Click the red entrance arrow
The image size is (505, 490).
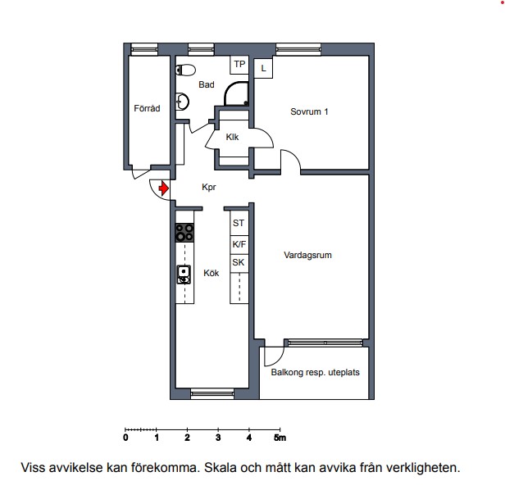pyautogui.click(x=164, y=188)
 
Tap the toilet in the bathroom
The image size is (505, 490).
pyautogui.click(x=185, y=70)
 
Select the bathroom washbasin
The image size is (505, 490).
pyautogui.click(x=182, y=102)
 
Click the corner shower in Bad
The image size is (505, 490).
pyautogui.click(x=237, y=94)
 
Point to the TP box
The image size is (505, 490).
pyautogui.click(x=239, y=65)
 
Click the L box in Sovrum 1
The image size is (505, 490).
pyautogui.click(x=263, y=68)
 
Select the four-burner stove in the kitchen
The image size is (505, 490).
pyautogui.click(x=184, y=233)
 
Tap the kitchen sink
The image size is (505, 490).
pyautogui.click(x=184, y=274)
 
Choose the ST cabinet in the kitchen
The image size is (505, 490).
pyautogui.click(x=239, y=223)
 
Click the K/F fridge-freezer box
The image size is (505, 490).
pyautogui.click(x=239, y=245)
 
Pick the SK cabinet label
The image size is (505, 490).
pyautogui.click(x=239, y=262)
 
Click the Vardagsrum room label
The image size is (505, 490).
pyautogui.click(x=307, y=256)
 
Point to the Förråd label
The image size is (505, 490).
pyautogui.click(x=147, y=108)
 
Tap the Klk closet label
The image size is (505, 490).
pyautogui.click(x=232, y=137)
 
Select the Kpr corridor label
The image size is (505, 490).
pyautogui.click(x=209, y=187)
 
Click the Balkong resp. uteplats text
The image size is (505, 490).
pyautogui.click(x=316, y=373)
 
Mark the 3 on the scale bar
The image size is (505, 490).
pyautogui.click(x=218, y=438)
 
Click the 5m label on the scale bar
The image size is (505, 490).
pyautogui.click(x=280, y=438)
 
